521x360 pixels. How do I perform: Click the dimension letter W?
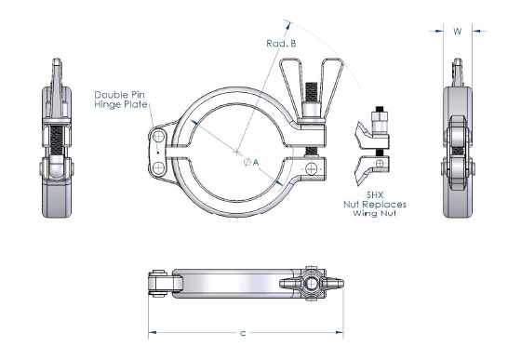[457, 30]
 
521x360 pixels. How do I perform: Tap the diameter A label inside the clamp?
[249, 162]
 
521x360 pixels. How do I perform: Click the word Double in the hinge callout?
[114, 95]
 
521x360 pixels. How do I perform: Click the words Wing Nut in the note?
[380, 213]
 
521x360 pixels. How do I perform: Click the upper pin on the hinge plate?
[160, 138]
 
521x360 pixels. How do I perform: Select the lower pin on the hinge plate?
[160, 167]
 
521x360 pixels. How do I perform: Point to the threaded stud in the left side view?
[57, 140]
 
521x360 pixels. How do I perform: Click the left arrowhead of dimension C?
[152, 332]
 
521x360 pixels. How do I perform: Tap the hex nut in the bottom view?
[313, 283]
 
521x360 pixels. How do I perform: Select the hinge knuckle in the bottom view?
[161, 282]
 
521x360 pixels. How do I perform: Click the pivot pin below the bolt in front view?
[311, 167]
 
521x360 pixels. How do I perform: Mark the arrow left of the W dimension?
[437, 31]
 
